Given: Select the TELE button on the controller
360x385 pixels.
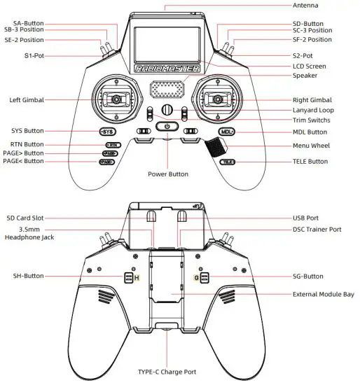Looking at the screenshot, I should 227,162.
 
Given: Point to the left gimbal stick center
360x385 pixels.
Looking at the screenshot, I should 112,100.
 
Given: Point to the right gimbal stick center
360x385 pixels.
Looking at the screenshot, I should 220,100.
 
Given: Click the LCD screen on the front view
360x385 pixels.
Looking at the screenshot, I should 166,38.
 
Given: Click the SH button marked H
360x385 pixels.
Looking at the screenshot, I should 130,278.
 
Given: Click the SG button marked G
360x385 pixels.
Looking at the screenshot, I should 203,278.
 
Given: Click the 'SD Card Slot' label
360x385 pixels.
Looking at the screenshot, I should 27,218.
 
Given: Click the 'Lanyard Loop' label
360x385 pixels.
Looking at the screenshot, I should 313,111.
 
